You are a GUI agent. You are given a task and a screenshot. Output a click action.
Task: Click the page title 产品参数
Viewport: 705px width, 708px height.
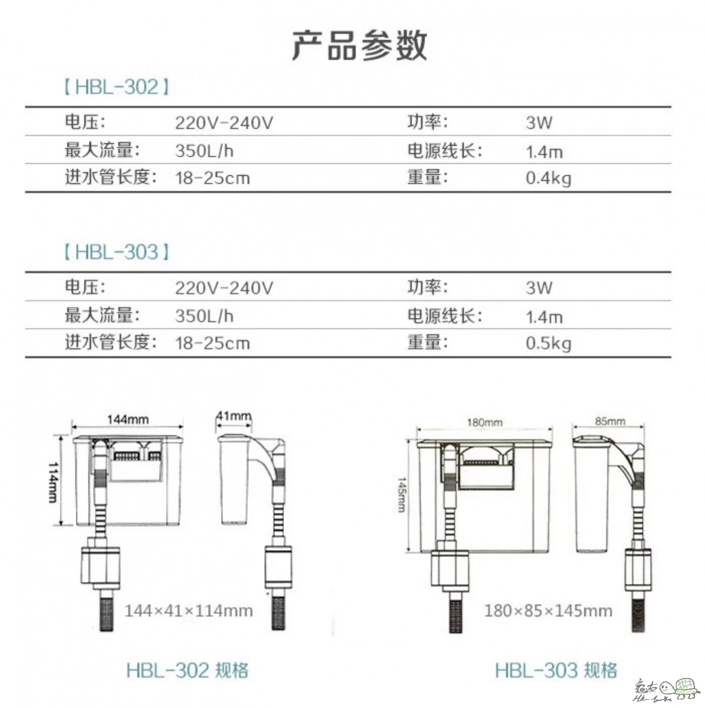[359, 45]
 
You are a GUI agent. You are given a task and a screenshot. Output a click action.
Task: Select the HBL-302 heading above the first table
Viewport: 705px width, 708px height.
[116, 87]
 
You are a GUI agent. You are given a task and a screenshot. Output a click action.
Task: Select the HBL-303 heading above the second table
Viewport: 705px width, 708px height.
[116, 252]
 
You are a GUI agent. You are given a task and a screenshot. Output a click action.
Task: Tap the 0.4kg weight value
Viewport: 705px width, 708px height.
[549, 179]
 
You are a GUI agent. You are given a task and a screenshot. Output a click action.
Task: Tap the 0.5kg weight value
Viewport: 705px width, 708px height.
[549, 343]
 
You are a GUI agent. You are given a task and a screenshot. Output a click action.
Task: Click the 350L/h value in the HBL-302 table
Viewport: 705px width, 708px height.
[204, 150]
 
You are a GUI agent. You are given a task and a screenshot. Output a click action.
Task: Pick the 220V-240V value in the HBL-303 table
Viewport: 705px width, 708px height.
[224, 288]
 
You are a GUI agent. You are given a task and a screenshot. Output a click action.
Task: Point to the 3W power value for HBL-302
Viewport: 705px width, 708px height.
[539, 123]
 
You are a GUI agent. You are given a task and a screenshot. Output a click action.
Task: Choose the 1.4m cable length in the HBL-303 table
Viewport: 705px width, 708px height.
[544, 317]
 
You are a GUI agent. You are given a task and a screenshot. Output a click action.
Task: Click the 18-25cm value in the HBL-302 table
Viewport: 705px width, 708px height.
[213, 179]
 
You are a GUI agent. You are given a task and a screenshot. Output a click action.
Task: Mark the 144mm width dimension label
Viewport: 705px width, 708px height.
[128, 419]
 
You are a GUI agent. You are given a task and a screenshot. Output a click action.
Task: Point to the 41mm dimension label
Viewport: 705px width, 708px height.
[234, 416]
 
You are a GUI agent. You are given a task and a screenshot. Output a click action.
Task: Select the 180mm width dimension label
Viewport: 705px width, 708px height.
[484, 422]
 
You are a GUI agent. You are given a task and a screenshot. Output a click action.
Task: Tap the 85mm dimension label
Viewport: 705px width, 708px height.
[610, 421]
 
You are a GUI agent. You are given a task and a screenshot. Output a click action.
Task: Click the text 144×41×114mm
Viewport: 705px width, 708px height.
[189, 611]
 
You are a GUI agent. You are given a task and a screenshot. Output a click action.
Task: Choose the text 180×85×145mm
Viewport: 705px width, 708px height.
[548, 611]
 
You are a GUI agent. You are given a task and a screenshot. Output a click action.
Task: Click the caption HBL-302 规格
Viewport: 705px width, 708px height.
[188, 670]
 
